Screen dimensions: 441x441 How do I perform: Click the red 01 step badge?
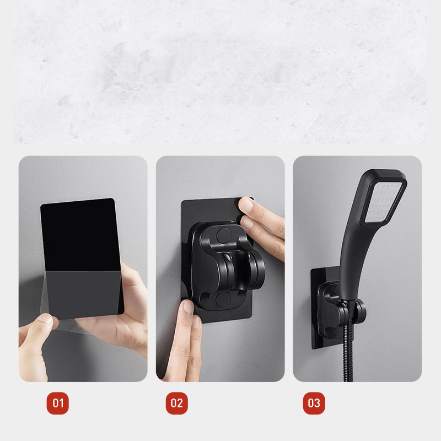58,403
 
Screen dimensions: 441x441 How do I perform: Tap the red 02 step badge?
176,403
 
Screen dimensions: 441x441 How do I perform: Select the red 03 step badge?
314,403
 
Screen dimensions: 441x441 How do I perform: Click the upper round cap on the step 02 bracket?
224,235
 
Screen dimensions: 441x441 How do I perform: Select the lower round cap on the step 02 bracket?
223,299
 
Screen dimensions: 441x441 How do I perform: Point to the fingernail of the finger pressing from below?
187,306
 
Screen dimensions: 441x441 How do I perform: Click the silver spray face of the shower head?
384,202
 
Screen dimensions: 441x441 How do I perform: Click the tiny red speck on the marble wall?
44,61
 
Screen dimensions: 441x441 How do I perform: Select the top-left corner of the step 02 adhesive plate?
182,201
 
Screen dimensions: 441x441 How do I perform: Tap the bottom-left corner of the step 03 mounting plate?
313,348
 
